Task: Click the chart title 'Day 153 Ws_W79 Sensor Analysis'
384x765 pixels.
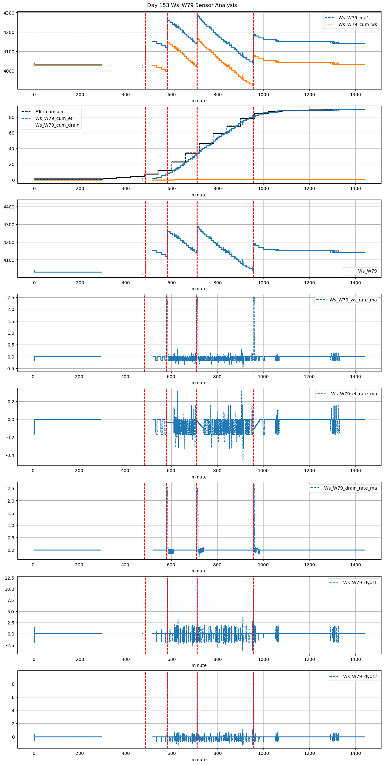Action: pos(192,5)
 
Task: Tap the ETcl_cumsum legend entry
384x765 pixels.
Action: pos(50,112)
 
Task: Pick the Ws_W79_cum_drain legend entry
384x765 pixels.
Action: pos(57,125)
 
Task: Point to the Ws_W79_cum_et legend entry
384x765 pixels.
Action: pos(54,118)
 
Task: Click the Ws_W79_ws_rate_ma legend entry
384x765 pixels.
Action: pos(353,300)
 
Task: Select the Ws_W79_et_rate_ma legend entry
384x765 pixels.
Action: pos(354,394)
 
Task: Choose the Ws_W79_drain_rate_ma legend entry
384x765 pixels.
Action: pos(350,488)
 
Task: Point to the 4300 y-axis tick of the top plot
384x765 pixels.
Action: pos(9,13)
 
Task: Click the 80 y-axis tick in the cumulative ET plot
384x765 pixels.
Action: pos(12,117)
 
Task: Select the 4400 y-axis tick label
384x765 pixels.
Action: pos(9,207)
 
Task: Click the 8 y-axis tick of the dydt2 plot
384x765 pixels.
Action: pos(13,684)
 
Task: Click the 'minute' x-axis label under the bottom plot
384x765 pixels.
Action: pos(199,760)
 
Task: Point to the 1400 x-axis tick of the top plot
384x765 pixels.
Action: pos(355,95)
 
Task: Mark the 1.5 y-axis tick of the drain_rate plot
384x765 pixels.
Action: pos(11,513)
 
